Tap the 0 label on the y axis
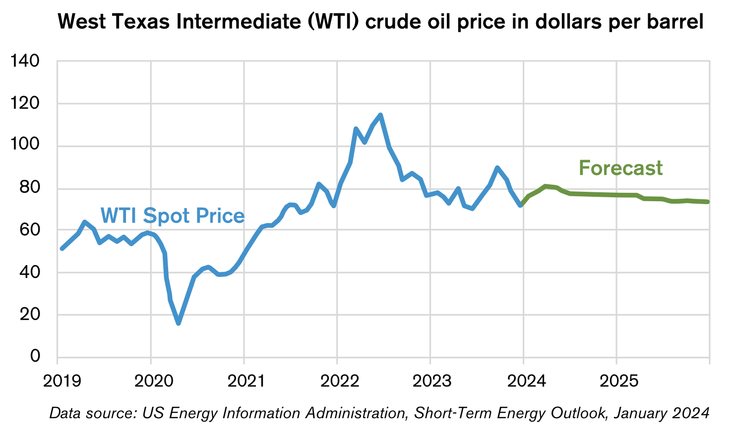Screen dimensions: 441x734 coord(35,356)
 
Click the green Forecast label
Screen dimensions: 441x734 coord(620,168)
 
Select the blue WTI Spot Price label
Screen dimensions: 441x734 coord(173,216)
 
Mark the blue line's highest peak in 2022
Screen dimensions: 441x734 coord(380,115)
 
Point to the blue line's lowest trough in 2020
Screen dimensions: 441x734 coord(178,324)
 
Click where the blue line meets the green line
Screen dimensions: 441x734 coord(521,205)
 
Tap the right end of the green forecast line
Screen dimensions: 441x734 coord(708,202)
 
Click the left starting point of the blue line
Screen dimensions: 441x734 coord(61,248)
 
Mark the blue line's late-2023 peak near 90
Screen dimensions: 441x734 coord(497,167)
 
